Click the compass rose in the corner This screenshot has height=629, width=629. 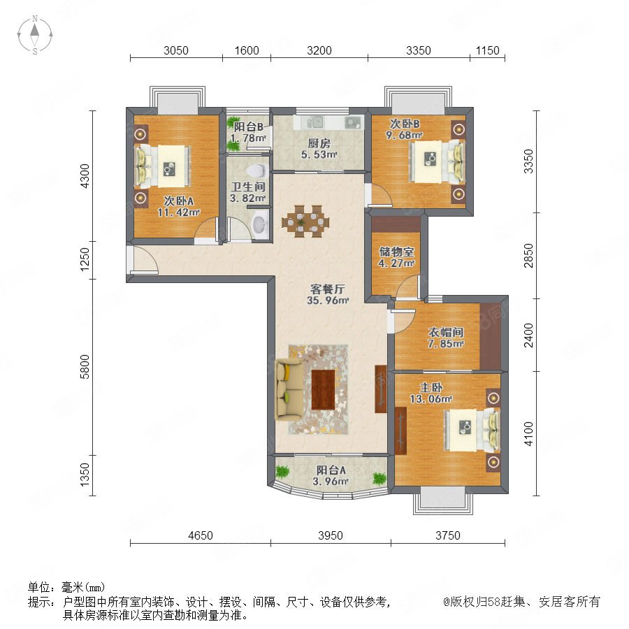point(35,35)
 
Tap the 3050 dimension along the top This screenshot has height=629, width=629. point(176,50)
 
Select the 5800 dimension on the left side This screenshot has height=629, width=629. point(85,367)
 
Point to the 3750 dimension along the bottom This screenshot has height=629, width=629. point(448,535)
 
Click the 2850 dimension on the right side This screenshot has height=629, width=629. point(529,256)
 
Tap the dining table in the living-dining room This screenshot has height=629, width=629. point(305,222)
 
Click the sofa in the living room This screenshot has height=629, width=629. point(289,389)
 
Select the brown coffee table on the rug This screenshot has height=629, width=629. point(323,389)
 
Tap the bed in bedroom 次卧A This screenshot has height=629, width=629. point(162,166)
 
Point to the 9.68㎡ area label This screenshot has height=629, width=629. point(405,135)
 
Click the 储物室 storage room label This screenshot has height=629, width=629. point(396,252)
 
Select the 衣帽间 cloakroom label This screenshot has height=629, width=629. point(446,332)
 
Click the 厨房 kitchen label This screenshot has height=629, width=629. point(319,143)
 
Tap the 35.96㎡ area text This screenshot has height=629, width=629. point(328,300)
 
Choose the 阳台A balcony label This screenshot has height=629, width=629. point(331,470)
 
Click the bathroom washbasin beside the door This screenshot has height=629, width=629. point(261,224)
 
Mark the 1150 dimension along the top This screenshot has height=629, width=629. point(487,50)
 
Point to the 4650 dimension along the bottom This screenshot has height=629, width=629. point(201,535)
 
